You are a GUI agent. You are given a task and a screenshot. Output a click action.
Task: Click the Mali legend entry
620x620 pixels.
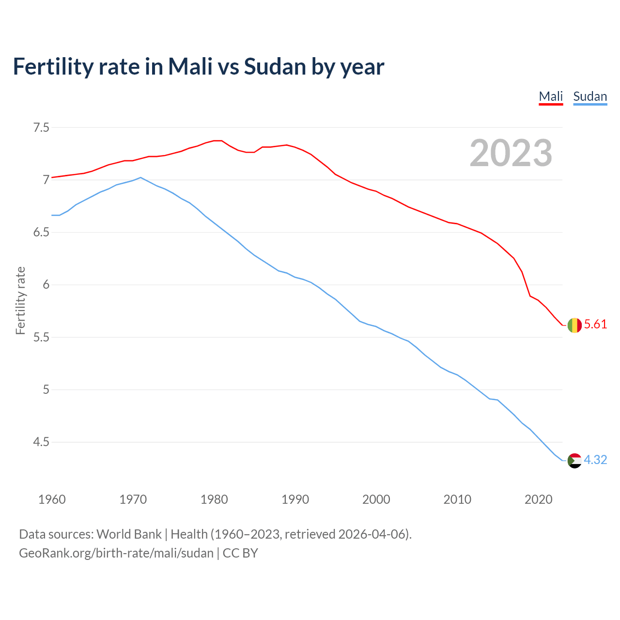(551, 96)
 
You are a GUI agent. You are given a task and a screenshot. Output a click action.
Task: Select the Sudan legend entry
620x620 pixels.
(589, 96)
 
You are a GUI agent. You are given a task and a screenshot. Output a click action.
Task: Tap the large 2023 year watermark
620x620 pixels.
(511, 153)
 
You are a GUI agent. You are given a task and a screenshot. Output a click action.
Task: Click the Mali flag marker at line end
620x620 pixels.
(574, 325)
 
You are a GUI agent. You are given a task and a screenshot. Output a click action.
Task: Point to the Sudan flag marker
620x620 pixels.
(574, 460)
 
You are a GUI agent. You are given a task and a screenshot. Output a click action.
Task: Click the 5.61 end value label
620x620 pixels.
(595, 325)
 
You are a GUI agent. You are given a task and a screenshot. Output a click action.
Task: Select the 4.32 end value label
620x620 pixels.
(595, 460)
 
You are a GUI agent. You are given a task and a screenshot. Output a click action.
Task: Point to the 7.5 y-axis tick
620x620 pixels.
(41, 128)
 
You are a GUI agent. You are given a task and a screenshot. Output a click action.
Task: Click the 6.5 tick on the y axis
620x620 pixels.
(41, 232)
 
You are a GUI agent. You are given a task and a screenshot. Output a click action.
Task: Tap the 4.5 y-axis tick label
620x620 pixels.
(41, 442)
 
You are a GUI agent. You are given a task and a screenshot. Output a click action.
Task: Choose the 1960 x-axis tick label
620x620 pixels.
(52, 499)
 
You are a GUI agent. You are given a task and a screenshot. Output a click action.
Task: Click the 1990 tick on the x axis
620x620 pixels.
(295, 499)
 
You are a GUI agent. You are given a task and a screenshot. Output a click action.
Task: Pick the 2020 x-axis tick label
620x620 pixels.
(538, 499)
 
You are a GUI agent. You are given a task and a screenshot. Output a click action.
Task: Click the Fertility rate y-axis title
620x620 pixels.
(20, 300)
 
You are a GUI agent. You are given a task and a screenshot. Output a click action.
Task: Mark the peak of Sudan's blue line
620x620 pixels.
(140, 177)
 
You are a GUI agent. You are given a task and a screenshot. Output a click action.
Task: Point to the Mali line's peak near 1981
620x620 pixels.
(218, 140)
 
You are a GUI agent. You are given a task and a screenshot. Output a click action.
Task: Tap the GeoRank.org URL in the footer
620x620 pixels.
(116, 553)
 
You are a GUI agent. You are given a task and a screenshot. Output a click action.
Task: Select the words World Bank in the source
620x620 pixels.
(129, 534)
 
